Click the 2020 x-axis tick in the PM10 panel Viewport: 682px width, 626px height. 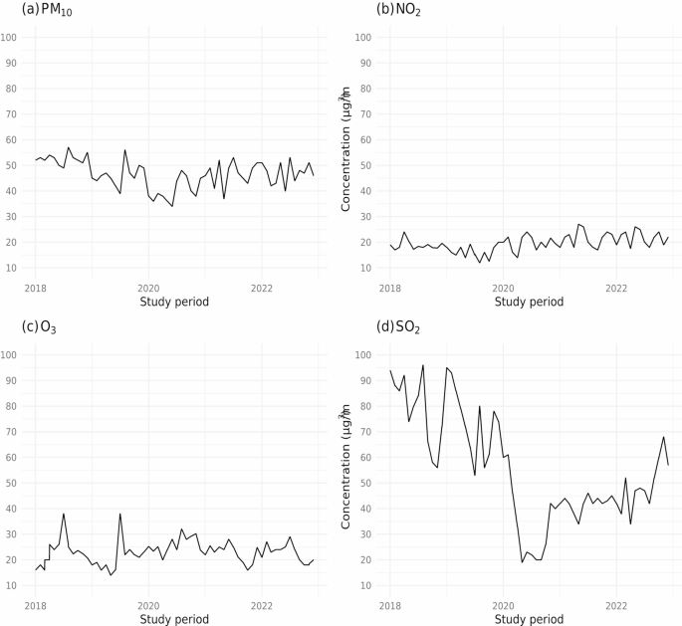point(148,287)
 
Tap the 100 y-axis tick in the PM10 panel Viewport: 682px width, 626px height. point(10,38)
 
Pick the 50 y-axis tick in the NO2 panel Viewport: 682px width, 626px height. point(364,165)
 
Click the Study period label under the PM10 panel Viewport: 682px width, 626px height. point(175,302)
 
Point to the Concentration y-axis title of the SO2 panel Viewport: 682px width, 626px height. point(346,470)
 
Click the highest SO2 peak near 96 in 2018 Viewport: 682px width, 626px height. point(423,365)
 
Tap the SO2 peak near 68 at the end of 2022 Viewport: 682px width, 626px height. point(664,437)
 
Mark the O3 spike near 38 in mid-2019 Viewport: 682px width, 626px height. point(120,514)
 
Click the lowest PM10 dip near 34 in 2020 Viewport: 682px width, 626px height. point(172,206)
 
